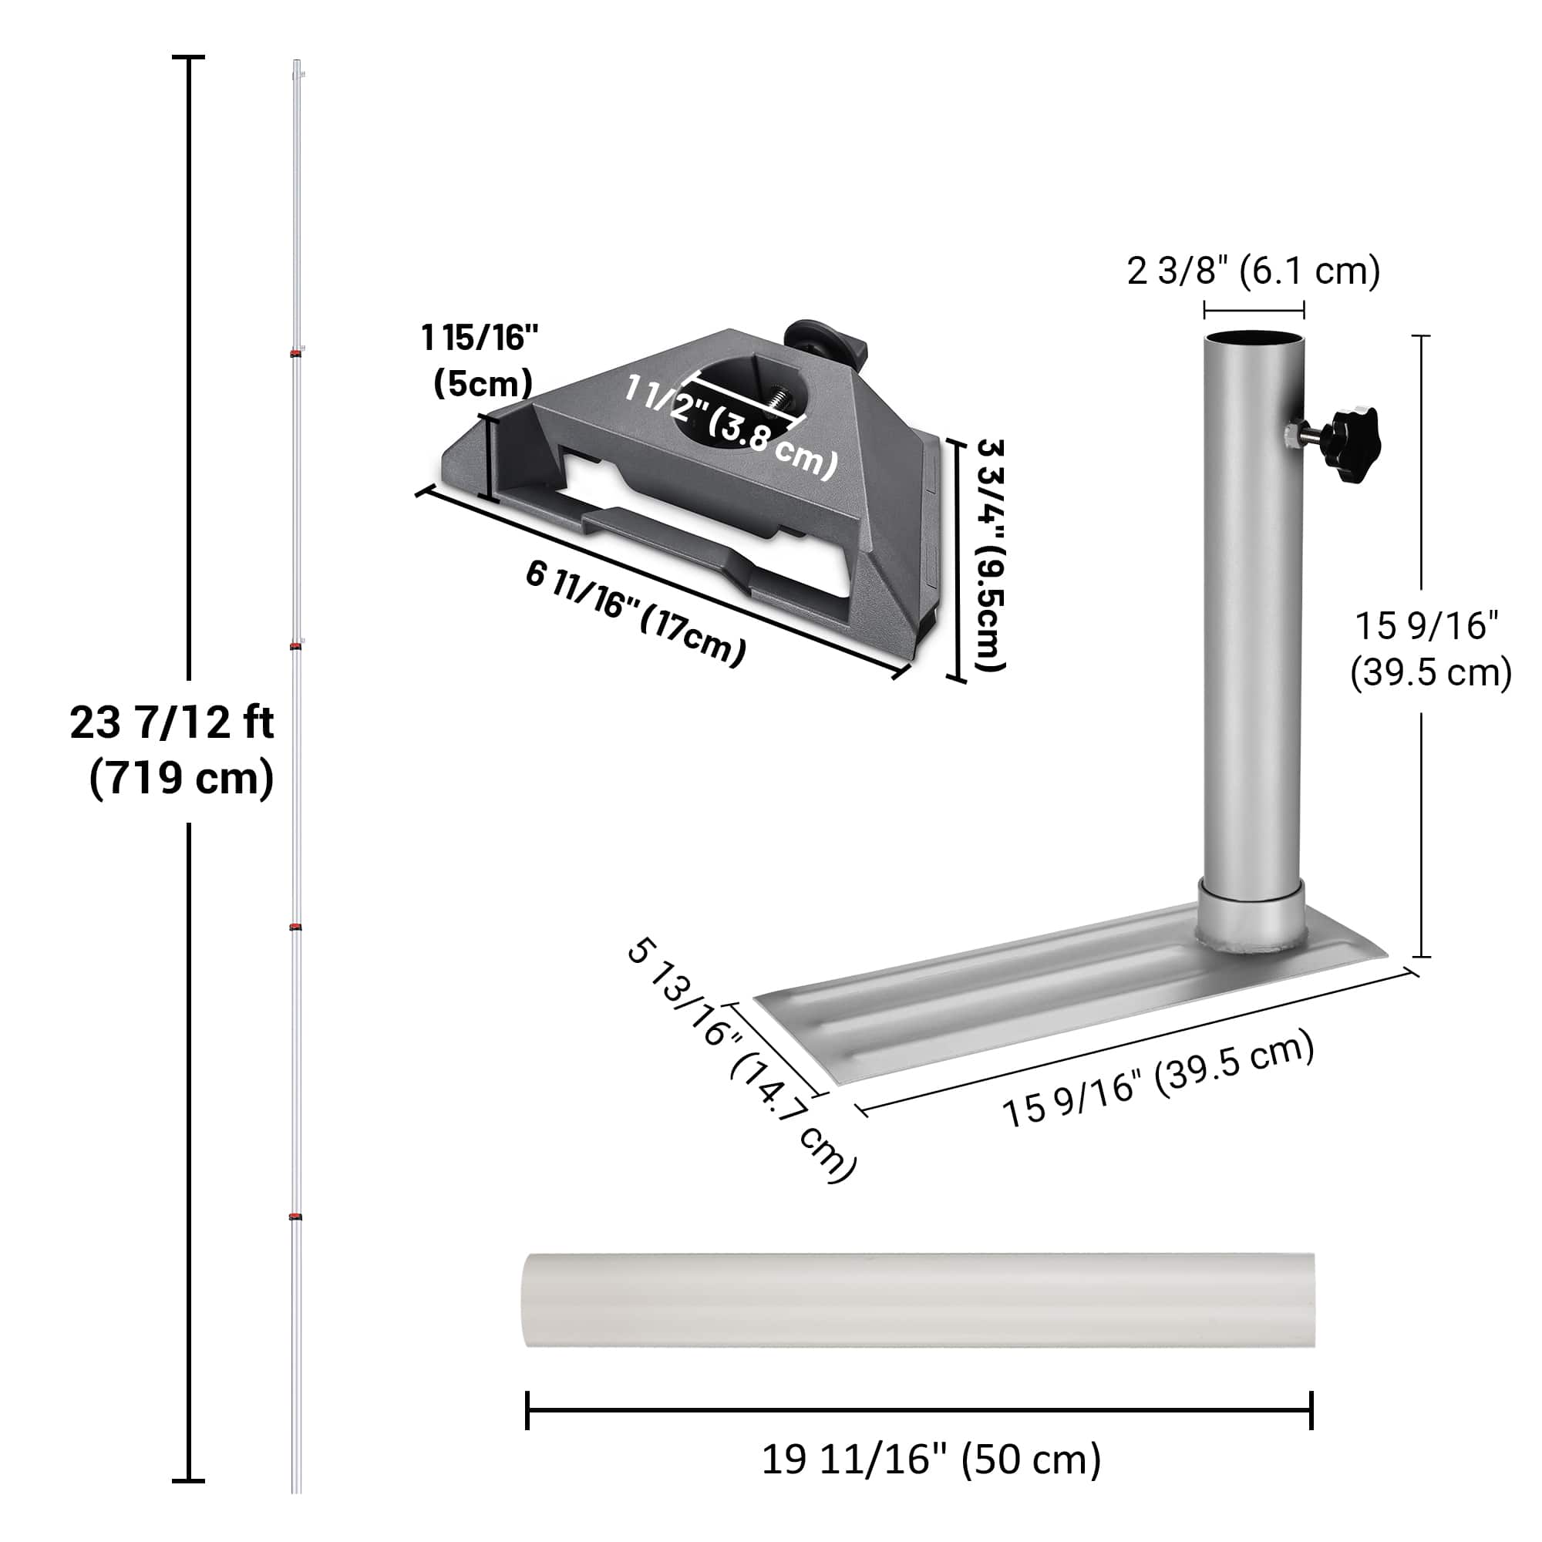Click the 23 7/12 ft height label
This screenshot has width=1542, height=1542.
tap(172, 723)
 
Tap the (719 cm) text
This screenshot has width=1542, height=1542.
tap(182, 778)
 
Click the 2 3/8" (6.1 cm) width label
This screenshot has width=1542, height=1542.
tap(1253, 271)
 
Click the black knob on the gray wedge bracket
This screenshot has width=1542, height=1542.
tap(813, 340)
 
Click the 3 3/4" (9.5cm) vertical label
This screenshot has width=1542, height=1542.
tap(991, 554)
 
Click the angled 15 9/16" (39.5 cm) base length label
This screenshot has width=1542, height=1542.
tap(1157, 1079)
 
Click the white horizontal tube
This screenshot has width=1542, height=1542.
tap(917, 1300)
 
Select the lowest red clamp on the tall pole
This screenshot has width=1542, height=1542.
tap(296, 1217)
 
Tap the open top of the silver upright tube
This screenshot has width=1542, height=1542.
tap(1254, 338)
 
